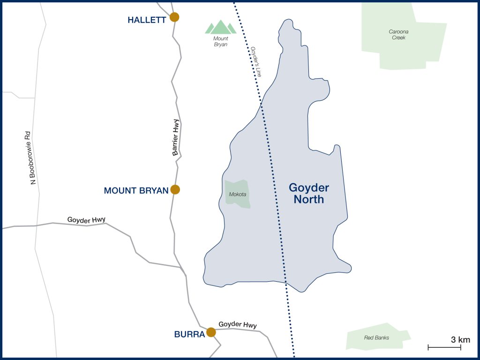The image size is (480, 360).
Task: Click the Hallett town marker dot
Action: [174, 17]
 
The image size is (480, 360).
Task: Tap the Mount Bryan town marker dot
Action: [175, 189]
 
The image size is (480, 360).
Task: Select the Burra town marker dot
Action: [211, 332]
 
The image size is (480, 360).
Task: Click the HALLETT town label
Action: [147, 20]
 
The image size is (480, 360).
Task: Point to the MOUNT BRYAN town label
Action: [136, 191]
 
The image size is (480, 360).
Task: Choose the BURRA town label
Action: [189, 335]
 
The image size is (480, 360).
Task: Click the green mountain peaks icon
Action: [220, 27]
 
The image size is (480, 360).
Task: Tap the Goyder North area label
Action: [309, 193]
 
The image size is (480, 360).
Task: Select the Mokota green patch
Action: [237, 194]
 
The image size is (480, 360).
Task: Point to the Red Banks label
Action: [376, 337]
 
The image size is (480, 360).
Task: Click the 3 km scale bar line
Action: [444, 347]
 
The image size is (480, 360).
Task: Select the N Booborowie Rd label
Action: [32, 157]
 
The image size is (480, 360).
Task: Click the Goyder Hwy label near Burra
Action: [238, 325]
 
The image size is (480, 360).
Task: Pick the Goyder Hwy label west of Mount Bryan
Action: [86, 219]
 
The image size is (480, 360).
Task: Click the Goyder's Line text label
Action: [255, 61]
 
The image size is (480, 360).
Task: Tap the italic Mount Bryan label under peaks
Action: [220, 42]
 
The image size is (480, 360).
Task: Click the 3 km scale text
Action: [460, 339]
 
